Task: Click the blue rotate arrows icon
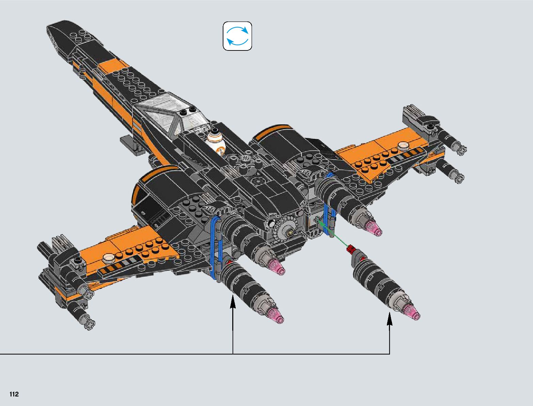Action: pyautogui.click(x=237, y=36)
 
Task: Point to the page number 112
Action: pyautogui.click(x=14, y=394)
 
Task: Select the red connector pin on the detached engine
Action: pyautogui.click(x=350, y=249)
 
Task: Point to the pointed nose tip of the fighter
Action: pyautogui.click(x=49, y=29)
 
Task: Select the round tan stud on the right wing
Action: pyautogui.click(x=404, y=146)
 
